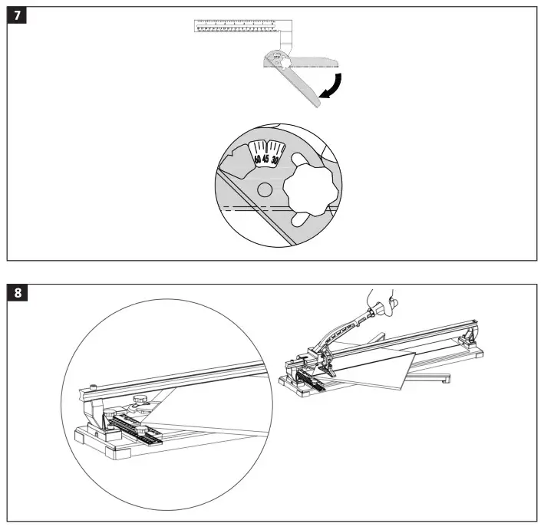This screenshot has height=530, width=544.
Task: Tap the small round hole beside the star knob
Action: coord(265,189)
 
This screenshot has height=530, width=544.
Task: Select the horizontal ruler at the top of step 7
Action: coord(238,27)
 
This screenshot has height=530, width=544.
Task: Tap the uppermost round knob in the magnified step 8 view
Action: coord(141,400)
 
